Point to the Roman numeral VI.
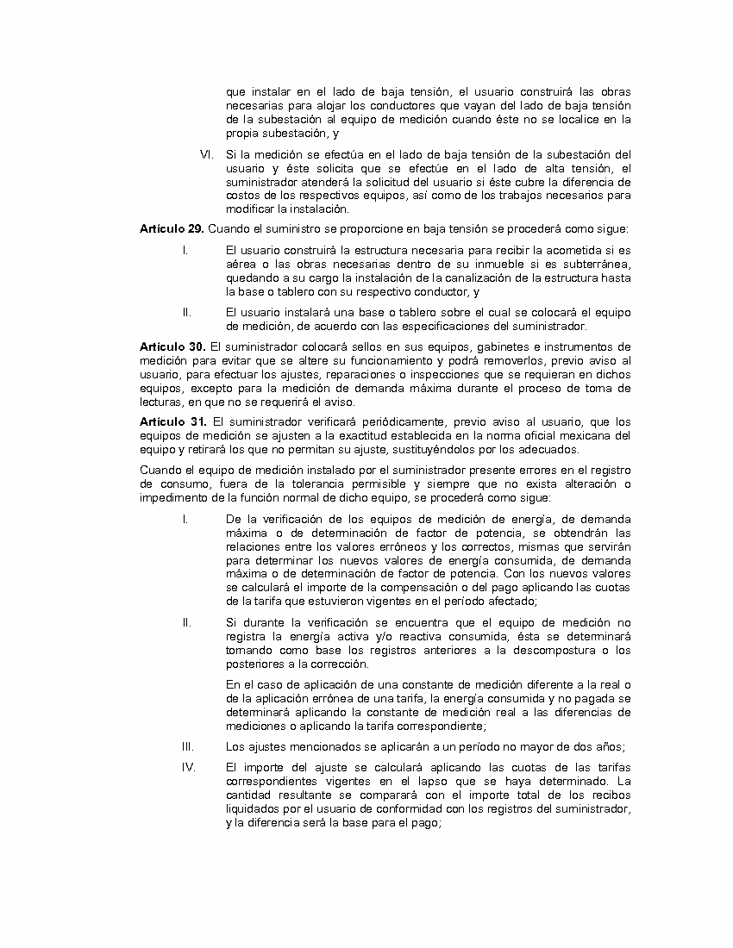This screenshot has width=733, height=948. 206,154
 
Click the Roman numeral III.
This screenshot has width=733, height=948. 186,746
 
